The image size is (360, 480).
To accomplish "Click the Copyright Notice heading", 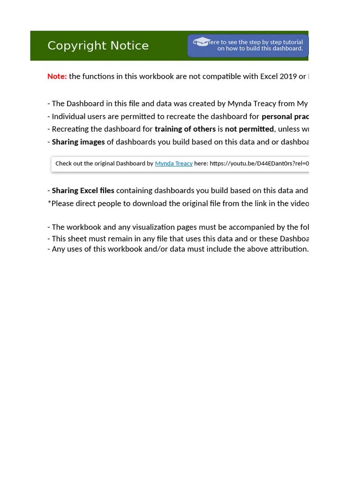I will (98, 45).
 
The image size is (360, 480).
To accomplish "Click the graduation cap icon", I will (202, 42).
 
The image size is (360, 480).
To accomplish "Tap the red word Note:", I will (57, 76).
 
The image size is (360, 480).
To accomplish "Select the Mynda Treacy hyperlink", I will (173, 164).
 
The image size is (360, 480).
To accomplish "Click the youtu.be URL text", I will (259, 164).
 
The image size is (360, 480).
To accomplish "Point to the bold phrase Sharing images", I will (78, 142).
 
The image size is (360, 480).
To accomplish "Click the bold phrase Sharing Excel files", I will (83, 190).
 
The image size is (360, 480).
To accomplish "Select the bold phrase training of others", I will (185, 129).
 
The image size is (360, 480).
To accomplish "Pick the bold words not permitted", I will (249, 129).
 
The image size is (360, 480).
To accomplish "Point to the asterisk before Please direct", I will (49, 203).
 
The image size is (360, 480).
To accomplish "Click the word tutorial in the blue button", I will (292, 42).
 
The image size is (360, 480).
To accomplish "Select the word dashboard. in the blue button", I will (288, 49).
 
